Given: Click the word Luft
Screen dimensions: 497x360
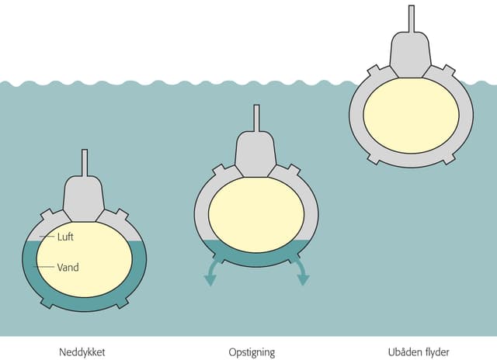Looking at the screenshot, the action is [x=65, y=237].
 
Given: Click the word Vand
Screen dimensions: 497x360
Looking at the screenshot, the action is [x=68, y=267].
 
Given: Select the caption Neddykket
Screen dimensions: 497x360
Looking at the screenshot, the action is [x=82, y=352].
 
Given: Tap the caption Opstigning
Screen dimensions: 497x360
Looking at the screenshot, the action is [x=252, y=352].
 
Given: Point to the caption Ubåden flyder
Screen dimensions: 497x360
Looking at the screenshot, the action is [x=419, y=352].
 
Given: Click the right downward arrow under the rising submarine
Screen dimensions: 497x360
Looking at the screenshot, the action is [x=301, y=271].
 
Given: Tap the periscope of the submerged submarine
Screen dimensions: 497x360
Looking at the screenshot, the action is [x=85, y=163].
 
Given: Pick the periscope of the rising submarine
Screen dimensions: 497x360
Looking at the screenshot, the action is [x=256, y=118].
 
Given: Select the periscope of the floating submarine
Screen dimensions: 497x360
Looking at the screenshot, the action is [x=412, y=19].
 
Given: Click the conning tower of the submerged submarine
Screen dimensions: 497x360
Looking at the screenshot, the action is [x=84, y=199].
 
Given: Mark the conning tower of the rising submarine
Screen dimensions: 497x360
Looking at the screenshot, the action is [x=255, y=154].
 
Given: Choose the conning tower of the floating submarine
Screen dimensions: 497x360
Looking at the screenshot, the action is [x=411, y=55].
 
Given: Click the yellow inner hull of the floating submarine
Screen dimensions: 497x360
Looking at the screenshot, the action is [x=411, y=116].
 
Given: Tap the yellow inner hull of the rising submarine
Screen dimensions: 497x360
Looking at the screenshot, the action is [x=256, y=215].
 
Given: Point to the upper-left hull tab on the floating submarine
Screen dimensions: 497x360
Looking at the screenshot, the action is [x=374, y=71].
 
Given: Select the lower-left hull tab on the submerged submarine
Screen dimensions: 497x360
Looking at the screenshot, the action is [x=47, y=303].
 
